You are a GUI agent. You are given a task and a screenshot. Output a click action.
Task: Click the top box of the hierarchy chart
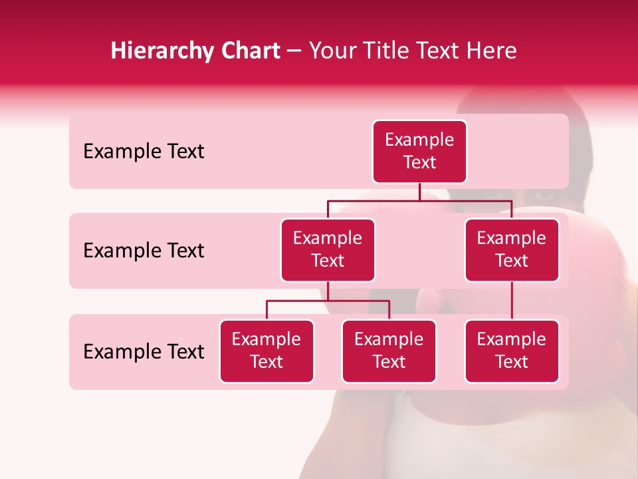point(419,152)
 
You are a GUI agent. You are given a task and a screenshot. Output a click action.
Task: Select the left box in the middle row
point(328,250)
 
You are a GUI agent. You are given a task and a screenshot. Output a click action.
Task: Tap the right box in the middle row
point(512,250)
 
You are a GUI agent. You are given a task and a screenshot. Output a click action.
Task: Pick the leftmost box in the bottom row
point(266,351)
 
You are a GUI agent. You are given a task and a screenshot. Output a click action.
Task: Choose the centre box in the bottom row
point(389,351)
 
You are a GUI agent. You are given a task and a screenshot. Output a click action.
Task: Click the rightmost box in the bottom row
point(512,351)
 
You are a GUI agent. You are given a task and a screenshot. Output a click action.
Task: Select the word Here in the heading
point(492,51)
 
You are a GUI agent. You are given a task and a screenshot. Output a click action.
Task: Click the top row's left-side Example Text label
point(144,152)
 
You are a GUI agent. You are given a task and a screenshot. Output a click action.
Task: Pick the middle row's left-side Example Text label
point(144,251)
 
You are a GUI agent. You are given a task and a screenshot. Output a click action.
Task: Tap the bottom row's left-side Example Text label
point(144,352)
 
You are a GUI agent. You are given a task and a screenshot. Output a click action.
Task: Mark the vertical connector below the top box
point(419,192)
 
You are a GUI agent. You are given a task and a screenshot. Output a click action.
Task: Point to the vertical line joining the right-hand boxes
point(512,301)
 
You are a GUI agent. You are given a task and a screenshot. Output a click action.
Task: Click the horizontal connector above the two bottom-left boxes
point(328,301)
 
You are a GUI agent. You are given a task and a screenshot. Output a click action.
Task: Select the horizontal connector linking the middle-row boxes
point(419,200)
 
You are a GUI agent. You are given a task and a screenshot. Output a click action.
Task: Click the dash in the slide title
point(294,51)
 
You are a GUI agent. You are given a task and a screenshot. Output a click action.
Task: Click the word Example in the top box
point(419,140)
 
